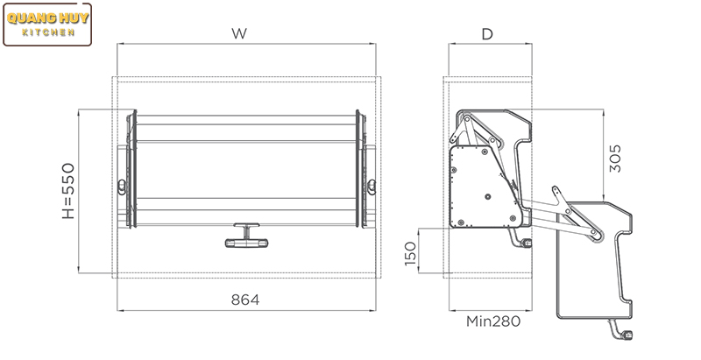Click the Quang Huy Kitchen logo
click(x=47, y=25)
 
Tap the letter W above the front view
click(x=239, y=33)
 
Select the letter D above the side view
click(x=487, y=34)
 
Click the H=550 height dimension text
click(x=68, y=191)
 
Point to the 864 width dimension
click(x=245, y=300)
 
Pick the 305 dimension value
click(x=615, y=159)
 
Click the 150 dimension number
click(x=410, y=253)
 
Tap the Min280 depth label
click(x=493, y=321)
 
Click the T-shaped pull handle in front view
click(x=246, y=236)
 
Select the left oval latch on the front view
click(x=122, y=187)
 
